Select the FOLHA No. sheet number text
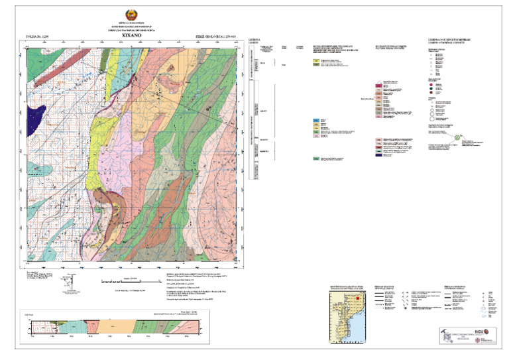tap(37, 37)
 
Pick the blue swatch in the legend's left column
tap(316, 120)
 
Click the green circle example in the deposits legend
tap(457, 138)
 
